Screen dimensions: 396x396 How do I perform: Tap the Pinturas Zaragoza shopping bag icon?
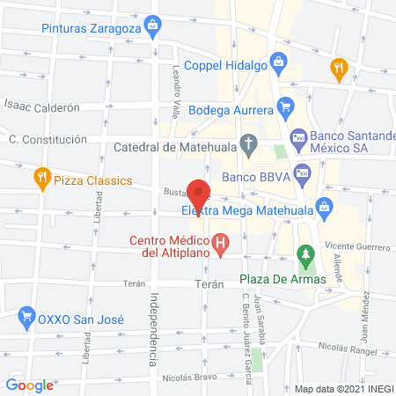[x=154, y=24]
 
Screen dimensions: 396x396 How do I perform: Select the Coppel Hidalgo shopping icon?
[x=277, y=62]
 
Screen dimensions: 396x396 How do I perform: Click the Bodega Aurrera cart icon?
[x=284, y=110]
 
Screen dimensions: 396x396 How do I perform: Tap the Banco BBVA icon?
[x=302, y=173]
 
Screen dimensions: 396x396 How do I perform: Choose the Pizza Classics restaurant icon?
[x=40, y=180]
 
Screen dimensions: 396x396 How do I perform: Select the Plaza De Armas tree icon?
[x=305, y=257]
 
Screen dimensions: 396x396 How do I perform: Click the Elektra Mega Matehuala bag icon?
[x=325, y=209]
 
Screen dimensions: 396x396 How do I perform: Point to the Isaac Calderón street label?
[x=42, y=107]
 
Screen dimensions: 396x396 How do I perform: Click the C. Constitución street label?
[x=48, y=139]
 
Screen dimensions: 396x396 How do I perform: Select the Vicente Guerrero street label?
[x=356, y=247]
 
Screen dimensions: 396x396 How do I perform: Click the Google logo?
[x=30, y=384]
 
